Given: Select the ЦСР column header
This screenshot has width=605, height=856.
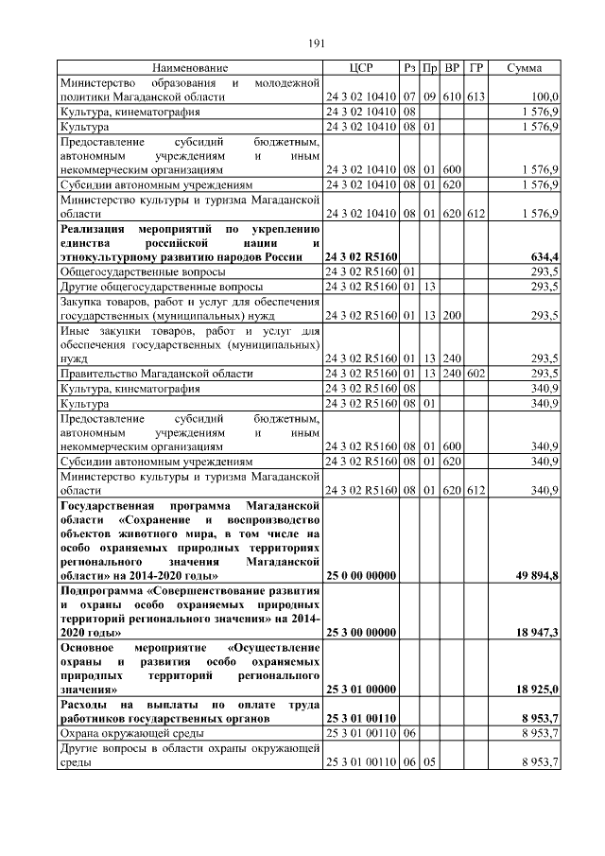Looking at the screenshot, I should click(361, 68).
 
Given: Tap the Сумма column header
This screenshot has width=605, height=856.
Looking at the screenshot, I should click(524, 68).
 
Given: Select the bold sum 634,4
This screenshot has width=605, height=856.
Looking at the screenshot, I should click(541, 257).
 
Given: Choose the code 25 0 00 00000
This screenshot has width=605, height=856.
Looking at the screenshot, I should click(361, 576).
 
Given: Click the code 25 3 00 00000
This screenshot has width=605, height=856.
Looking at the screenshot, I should click(361, 631).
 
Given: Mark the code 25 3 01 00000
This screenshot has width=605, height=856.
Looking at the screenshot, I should click(361, 690).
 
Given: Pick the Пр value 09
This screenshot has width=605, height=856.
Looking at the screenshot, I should click(429, 96).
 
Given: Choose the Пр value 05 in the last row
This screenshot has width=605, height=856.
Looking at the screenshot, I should click(429, 762).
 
